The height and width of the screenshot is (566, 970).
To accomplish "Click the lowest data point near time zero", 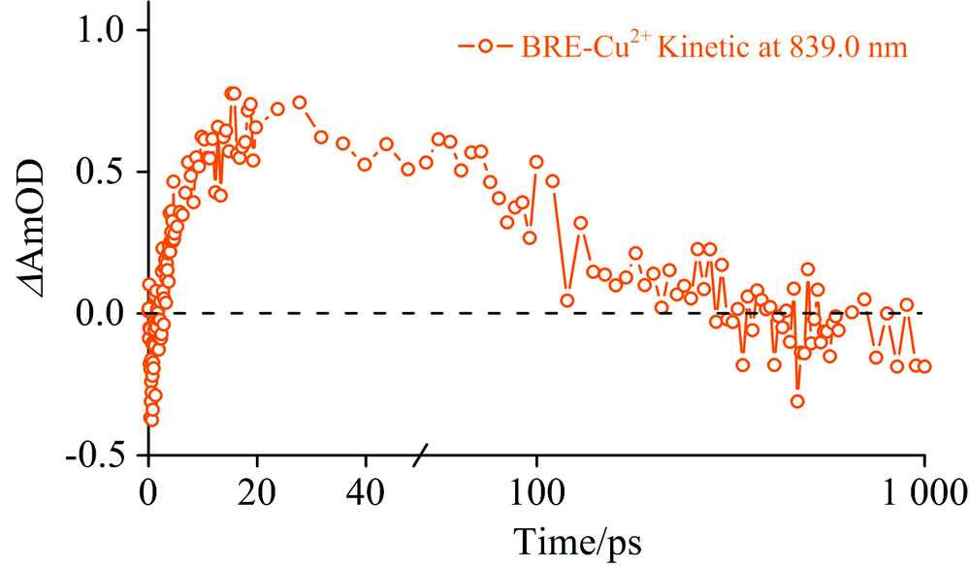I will click(x=151, y=420).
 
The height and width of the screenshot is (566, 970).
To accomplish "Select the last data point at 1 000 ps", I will click(x=924, y=365).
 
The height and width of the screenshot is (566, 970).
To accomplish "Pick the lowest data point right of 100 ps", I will click(x=797, y=401).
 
